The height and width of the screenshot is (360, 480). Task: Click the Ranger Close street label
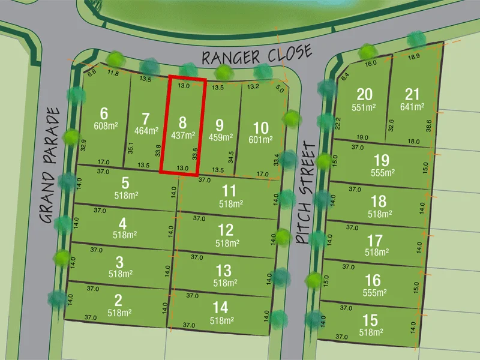[x=256, y=55]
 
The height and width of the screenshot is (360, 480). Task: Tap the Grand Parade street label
[x=52, y=166]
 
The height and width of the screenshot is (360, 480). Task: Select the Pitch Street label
[x=306, y=193]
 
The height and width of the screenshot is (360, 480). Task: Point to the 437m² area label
[x=183, y=136]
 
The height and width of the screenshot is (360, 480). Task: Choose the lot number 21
[x=412, y=94]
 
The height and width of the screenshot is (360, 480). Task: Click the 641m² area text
[x=412, y=107]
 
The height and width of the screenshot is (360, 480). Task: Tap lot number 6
[x=104, y=113]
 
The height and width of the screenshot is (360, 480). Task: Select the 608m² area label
[x=106, y=126]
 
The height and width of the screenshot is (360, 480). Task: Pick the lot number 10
[x=260, y=127]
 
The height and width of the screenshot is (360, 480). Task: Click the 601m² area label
[x=260, y=140]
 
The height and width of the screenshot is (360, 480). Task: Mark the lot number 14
[x=220, y=308]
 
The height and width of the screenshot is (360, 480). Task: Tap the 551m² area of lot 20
[x=364, y=107]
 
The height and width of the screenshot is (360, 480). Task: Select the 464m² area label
[x=146, y=130]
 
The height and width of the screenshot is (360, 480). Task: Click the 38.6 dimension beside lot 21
[x=428, y=125]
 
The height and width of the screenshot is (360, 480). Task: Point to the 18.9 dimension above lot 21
[x=414, y=57]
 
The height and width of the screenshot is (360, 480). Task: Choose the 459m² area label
[x=220, y=137]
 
